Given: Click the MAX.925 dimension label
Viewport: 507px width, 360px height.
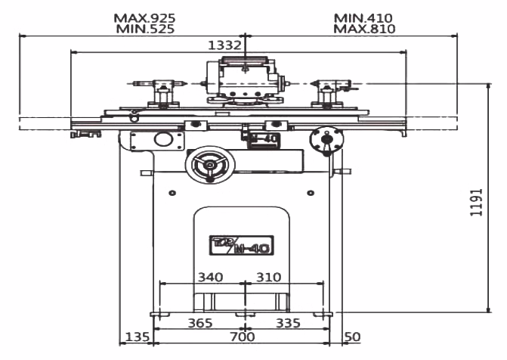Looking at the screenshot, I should click(144, 17).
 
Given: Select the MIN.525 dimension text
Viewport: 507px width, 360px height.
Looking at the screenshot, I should click(145, 29).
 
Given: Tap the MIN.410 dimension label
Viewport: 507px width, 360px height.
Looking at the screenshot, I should click(363, 17).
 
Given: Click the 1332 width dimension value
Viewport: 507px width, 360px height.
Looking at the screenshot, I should click(224, 45).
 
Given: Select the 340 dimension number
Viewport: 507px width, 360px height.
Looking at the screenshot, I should click(209, 277).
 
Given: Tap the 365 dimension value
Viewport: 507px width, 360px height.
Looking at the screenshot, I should click(199, 323).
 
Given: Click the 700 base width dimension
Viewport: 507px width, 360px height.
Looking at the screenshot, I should click(242, 337).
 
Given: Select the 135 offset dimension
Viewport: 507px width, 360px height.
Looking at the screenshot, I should click(137, 337).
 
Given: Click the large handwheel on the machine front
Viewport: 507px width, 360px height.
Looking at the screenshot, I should click(209, 164).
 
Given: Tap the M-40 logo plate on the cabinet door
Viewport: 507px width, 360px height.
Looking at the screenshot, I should click(241, 245).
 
